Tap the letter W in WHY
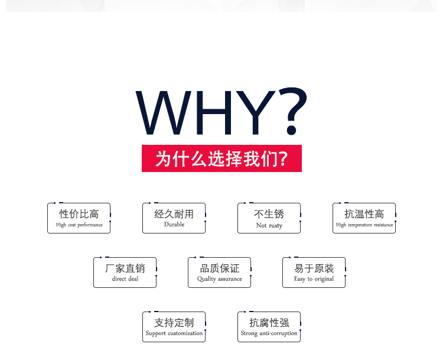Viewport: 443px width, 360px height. point(164,112)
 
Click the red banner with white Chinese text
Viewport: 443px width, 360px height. point(221,158)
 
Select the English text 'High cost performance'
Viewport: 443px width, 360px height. point(79,225)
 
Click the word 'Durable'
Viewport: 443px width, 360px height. point(174,224)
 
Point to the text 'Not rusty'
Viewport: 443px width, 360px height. point(269,225)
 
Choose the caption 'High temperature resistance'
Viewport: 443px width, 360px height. point(364,225)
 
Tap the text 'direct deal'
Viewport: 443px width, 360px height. point(125,279)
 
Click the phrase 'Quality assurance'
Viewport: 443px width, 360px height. point(220,279)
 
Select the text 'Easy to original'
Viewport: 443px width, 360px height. point(314,279)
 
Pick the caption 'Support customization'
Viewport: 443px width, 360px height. point(174,333)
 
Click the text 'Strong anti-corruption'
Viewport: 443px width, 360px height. point(269,333)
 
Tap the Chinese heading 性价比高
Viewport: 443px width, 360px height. point(79,214)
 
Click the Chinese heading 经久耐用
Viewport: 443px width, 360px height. point(174,214)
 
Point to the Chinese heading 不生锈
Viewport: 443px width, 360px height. point(269,214)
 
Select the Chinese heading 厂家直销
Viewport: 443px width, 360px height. point(125,268)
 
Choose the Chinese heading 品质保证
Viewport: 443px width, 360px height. point(220,268)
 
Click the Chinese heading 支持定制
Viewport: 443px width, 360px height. point(174,323)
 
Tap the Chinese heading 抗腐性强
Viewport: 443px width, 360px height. point(269,323)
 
